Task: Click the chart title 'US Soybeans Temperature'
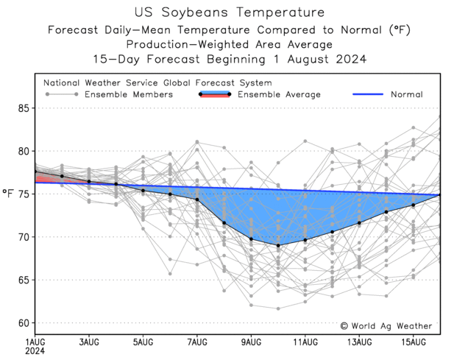pos(229,13)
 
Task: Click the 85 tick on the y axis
pos(23,108)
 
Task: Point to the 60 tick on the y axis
pos(23,322)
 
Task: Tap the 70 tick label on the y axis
pos(23,237)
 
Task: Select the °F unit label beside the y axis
pos(8,194)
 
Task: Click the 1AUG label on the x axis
pos(35,342)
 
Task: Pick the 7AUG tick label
pos(197,342)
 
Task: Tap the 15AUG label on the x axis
pos(414,342)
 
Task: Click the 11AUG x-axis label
pos(305,342)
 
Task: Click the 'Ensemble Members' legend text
pos(129,94)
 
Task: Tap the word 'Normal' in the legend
pos(406,94)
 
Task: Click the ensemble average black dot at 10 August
pos(278,245)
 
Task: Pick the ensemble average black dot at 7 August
pos(197,200)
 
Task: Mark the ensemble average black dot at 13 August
pos(359,223)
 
